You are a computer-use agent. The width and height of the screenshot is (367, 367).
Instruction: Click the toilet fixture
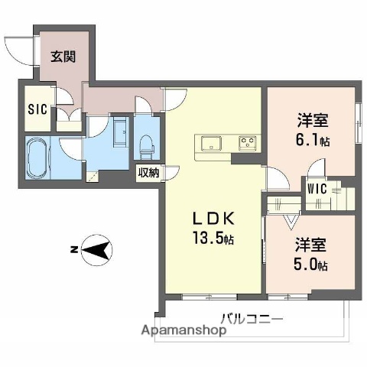[x=146, y=143]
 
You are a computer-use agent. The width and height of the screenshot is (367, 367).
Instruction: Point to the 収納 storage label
[x=148, y=173]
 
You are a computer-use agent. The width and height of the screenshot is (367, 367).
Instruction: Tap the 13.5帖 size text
[x=214, y=238]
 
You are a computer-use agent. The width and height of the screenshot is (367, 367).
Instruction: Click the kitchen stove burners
[x=248, y=141]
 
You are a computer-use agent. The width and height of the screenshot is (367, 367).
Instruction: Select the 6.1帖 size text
[x=312, y=141]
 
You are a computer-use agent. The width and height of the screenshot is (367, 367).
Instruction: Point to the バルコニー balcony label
[x=253, y=318]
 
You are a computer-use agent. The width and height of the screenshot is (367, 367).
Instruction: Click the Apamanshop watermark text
[x=180, y=331]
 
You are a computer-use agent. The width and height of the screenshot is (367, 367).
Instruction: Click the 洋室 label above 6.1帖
[x=312, y=120]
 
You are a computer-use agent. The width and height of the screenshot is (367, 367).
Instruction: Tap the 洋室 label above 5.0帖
[x=312, y=245]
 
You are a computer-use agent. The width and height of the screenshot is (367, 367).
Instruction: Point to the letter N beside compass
[x=72, y=249]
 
